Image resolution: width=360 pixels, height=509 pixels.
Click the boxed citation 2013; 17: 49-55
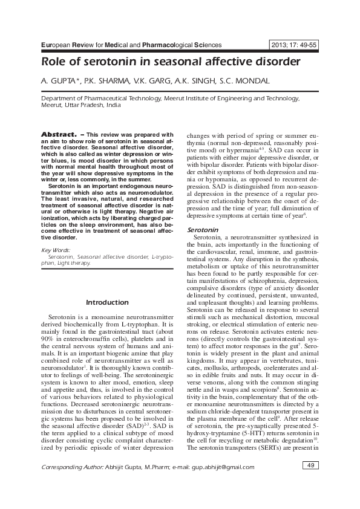(295, 45)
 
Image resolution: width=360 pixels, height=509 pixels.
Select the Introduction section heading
(107, 302)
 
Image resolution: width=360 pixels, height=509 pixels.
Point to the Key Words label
(54, 250)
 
